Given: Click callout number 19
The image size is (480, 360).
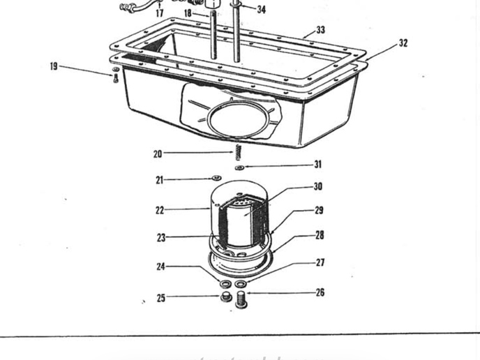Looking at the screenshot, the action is point(54,66).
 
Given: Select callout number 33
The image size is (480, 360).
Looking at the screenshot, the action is point(320,30).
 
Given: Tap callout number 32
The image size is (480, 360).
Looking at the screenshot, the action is point(403,43).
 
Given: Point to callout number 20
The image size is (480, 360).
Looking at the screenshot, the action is point(158,154).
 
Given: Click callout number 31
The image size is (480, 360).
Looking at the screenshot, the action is point(318,165).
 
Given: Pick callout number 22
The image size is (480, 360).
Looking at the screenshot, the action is point(160,210).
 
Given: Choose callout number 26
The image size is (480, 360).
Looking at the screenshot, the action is point(320,292).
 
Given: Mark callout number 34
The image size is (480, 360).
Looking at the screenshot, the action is point(261,10).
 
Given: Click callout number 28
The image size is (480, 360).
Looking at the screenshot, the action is point(320,235).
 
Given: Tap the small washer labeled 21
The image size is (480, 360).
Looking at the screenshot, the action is point(216,179).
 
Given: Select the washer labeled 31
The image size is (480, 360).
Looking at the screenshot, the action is point(239,168).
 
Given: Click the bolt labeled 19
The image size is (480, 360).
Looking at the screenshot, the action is point(115,76).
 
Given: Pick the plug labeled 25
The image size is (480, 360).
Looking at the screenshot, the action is point(225,298).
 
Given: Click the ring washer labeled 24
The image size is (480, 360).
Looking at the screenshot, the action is point(225,285).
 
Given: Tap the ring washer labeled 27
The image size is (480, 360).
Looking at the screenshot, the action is point(241,285).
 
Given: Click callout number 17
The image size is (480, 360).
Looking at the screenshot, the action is point(159,13).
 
